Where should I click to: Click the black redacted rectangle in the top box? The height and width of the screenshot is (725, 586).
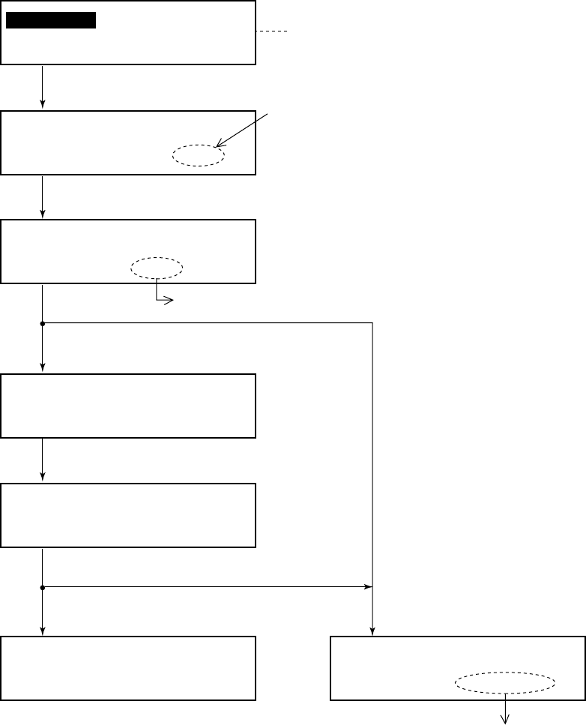(x=51, y=20)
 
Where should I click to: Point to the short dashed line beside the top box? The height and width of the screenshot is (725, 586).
(x=272, y=31)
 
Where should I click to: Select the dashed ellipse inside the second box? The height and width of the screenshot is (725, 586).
(x=198, y=155)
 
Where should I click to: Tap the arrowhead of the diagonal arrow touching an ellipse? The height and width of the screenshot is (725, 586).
(x=217, y=145)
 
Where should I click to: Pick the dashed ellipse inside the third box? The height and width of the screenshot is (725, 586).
(x=157, y=268)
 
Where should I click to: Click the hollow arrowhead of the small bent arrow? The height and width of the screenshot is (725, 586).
(x=170, y=301)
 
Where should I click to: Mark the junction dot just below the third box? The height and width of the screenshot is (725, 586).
(x=43, y=323)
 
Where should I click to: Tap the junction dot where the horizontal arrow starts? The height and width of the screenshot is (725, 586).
(x=43, y=586)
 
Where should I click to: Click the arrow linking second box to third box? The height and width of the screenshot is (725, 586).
(x=43, y=196)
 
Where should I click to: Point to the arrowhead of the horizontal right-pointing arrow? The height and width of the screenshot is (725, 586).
(x=369, y=586)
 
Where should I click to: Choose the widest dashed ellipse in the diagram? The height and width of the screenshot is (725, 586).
(x=505, y=683)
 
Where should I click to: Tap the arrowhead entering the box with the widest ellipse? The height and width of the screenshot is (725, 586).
(x=372, y=631)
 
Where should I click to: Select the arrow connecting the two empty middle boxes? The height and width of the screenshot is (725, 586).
(x=43, y=459)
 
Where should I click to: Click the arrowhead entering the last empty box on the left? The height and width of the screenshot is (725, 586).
(x=43, y=631)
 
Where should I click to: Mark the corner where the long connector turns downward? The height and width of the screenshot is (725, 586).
(x=372, y=323)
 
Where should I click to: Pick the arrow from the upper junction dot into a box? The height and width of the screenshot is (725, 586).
(x=43, y=348)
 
